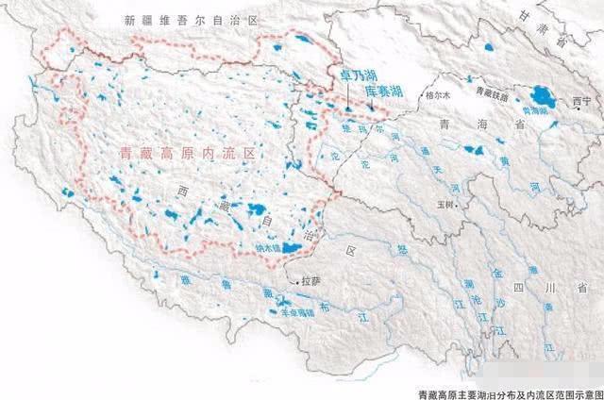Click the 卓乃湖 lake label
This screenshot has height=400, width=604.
[346, 74]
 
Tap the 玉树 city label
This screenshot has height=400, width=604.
[445, 201]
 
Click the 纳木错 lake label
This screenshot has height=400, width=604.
[270, 249]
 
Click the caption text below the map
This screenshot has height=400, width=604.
[510, 392]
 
